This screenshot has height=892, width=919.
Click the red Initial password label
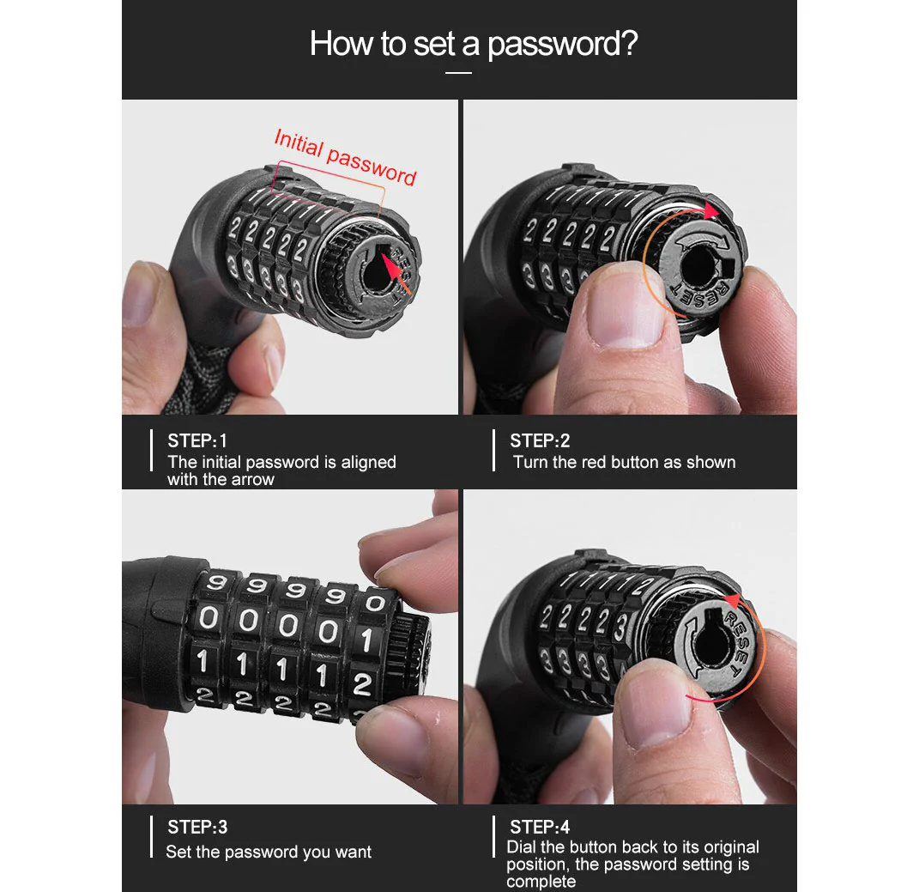[345, 157]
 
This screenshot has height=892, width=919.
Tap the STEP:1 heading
[197, 440]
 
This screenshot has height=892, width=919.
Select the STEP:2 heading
[540, 440]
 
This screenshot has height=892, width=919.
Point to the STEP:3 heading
[197, 827]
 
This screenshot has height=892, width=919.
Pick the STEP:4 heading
[540, 827]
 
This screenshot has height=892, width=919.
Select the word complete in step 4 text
[541, 882]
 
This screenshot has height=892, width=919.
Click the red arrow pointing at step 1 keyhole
[396, 273]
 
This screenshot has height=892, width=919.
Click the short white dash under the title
[458, 73]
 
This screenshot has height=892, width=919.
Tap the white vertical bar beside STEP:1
[151, 451]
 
